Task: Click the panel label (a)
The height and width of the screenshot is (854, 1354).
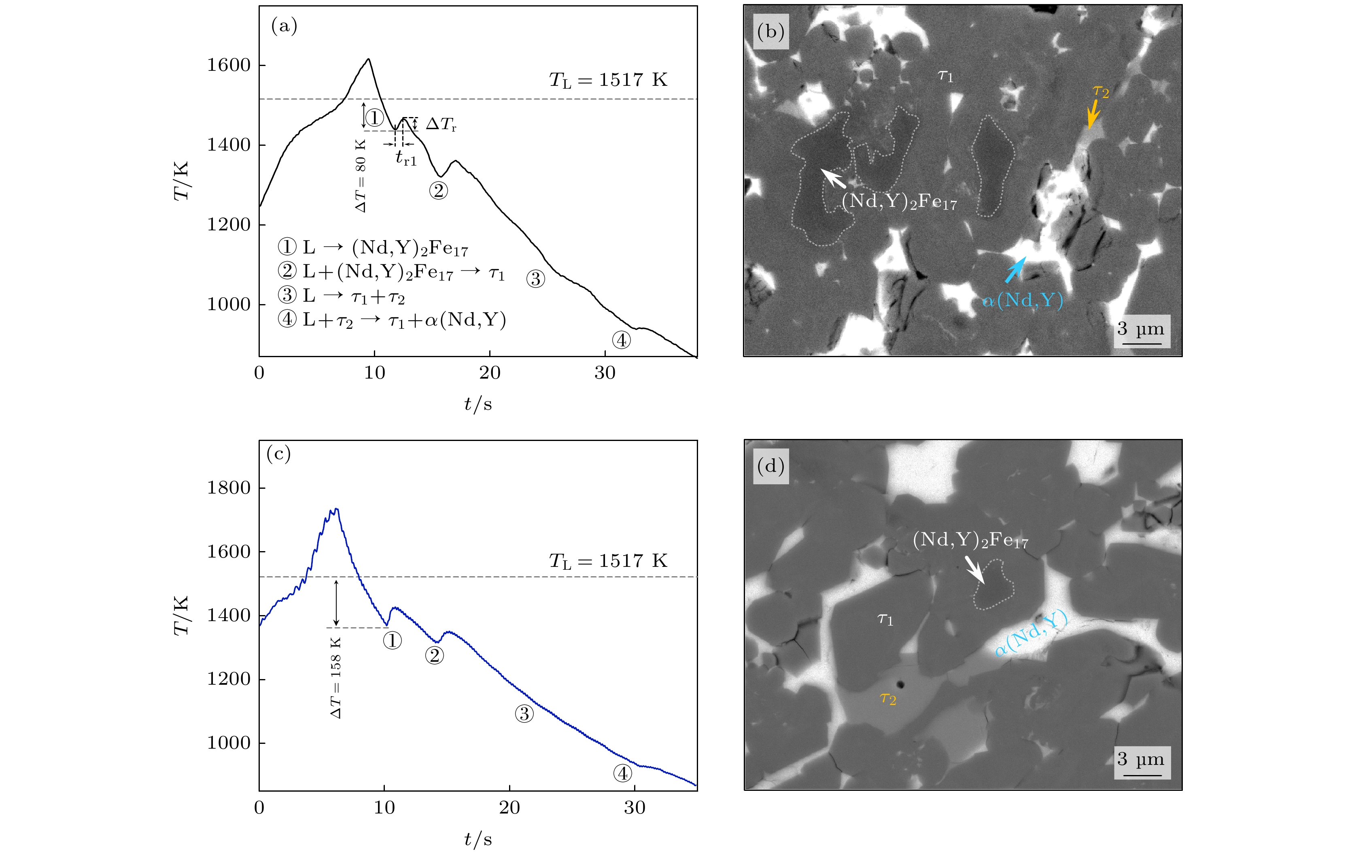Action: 284,26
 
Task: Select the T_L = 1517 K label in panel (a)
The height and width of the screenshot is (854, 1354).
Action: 608,81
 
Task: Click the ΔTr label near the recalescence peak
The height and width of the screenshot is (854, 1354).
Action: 441,124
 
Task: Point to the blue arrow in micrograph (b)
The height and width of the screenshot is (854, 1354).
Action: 1015,270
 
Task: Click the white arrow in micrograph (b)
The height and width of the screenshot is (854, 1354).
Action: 833,178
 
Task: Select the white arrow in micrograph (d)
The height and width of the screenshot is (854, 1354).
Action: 974,569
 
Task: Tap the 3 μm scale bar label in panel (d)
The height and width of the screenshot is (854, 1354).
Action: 1141,760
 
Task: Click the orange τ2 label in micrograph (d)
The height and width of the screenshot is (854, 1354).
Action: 888,699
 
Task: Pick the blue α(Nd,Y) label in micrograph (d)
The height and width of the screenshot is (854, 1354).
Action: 1031,633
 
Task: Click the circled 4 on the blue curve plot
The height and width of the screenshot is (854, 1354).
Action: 622,773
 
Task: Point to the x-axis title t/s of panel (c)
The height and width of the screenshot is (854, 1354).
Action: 478,839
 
